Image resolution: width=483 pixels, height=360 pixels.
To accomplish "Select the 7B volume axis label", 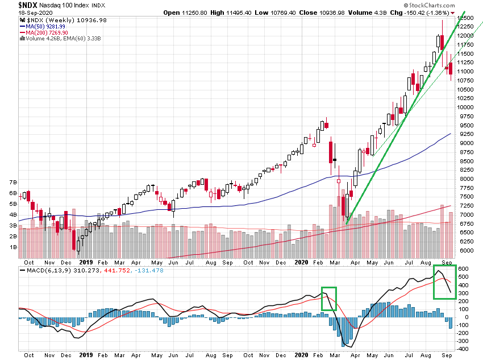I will tap(13, 183).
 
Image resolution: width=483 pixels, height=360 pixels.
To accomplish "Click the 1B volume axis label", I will tap(13, 247).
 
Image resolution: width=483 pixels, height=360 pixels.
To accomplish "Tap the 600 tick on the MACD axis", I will tap(463, 269).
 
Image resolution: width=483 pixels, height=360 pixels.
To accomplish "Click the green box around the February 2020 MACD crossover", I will tap(328, 298).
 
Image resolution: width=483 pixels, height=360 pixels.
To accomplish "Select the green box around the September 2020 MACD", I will tap(447, 282).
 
